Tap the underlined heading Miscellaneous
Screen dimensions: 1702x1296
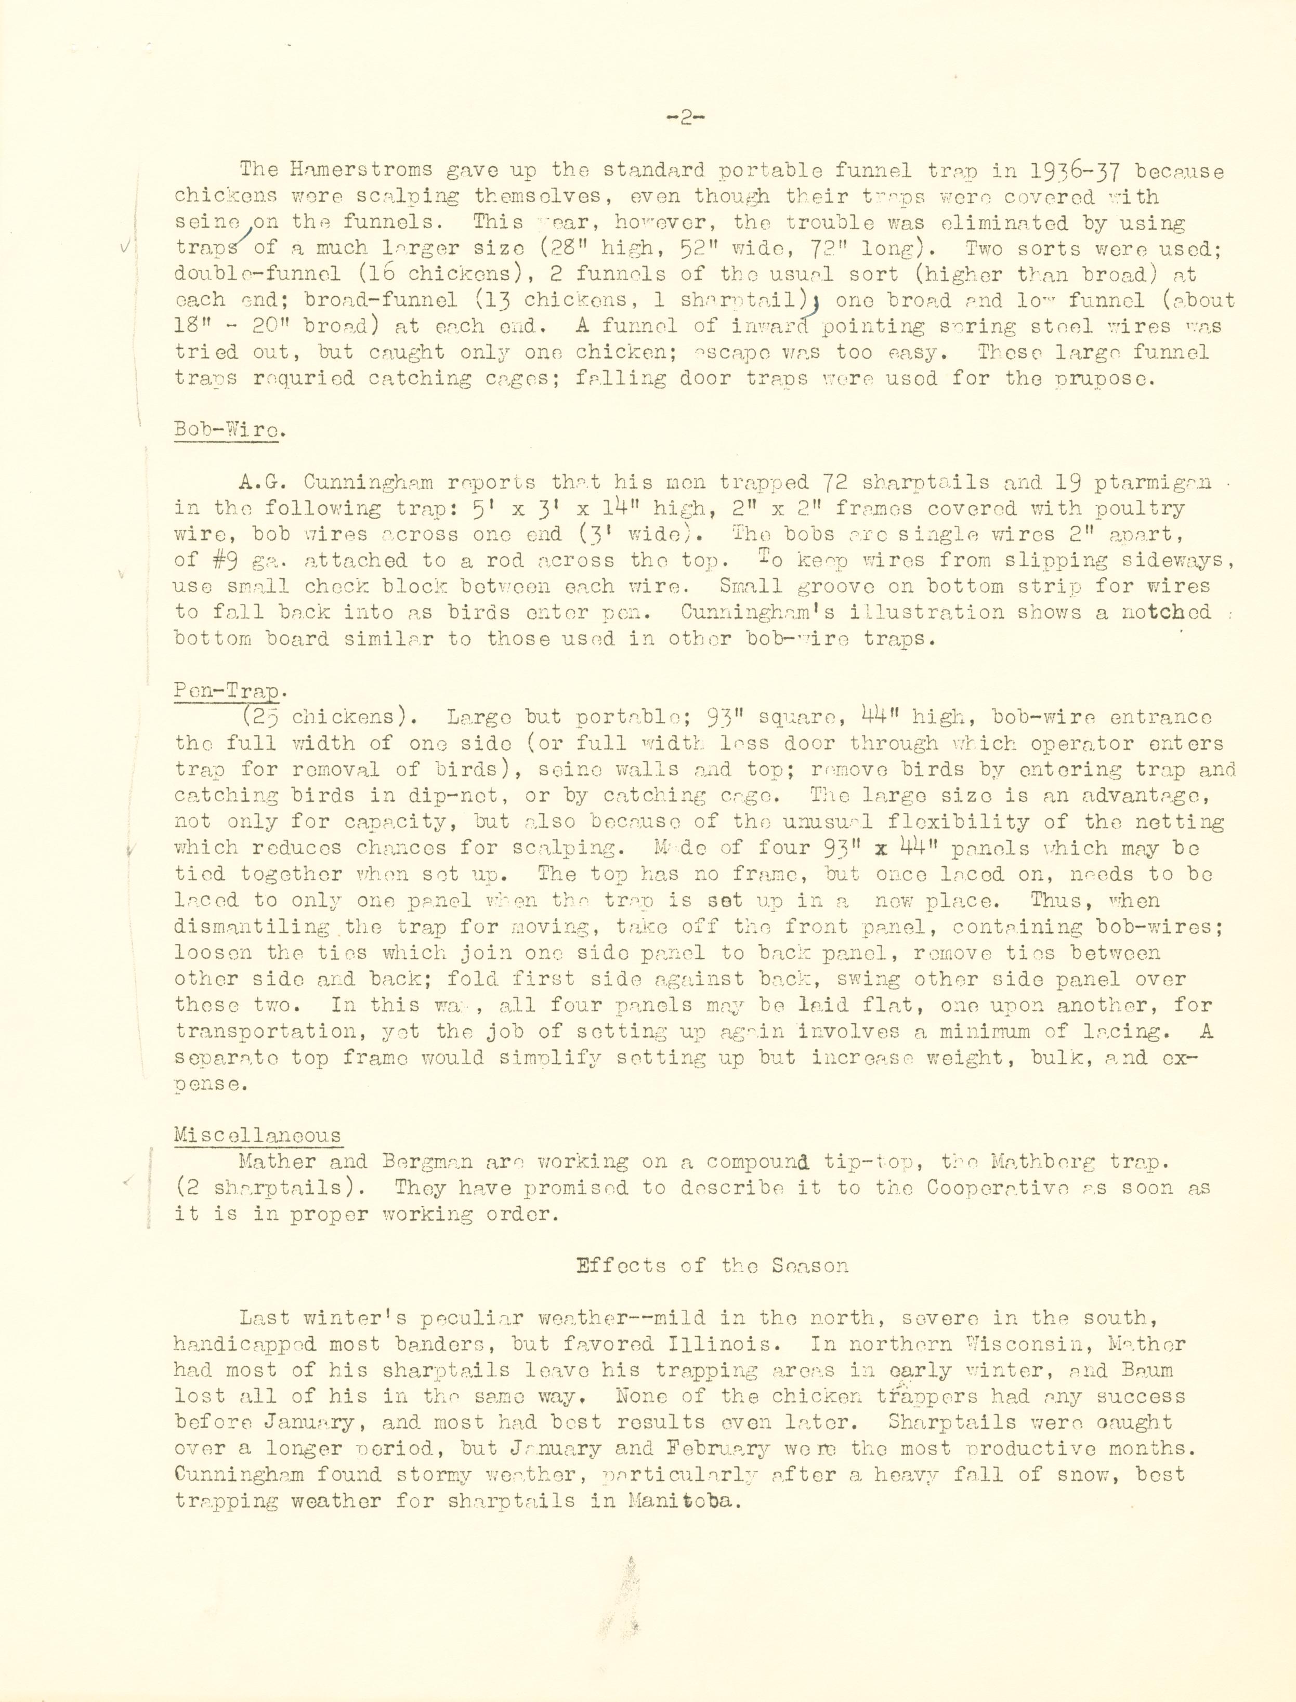(258, 1134)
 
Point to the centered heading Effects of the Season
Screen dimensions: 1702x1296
(712, 1265)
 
